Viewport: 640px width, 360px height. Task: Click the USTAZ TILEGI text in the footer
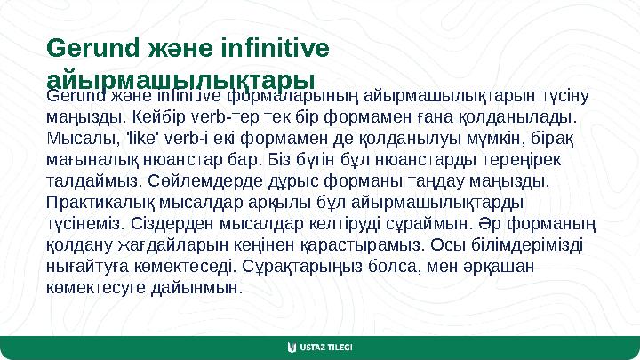327,346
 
